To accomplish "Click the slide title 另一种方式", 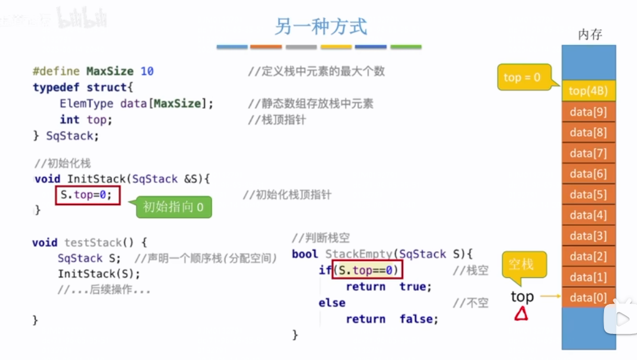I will tap(321, 26).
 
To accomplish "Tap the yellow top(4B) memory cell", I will tap(588, 91).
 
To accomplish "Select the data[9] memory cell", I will tap(588, 112).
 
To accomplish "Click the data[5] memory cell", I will tap(588, 195).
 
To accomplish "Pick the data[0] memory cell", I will tap(588, 298).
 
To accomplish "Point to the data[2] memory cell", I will tap(588, 256).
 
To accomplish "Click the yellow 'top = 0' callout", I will tap(522, 77).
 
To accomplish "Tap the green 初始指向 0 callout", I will tap(174, 207).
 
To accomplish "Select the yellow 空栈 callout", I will tap(521, 264).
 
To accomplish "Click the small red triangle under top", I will tap(521, 315).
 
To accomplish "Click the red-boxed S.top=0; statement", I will tap(87, 195).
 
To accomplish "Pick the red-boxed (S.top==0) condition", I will tap(367, 270).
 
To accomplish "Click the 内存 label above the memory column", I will tap(590, 34).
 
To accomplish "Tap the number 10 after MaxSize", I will tap(147, 71).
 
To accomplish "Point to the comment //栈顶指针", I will tap(277, 120).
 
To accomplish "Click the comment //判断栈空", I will tap(321, 238).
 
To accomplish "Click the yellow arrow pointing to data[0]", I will tap(551, 297).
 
